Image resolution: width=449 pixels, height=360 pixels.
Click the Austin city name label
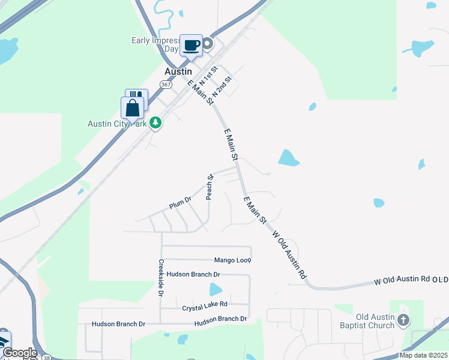point(178,71)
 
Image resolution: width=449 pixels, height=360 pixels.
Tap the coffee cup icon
point(191,46)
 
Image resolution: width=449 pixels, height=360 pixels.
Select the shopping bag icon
point(132,109)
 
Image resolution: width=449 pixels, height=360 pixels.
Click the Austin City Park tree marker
point(155,123)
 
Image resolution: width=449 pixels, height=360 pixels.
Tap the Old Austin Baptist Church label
point(375,321)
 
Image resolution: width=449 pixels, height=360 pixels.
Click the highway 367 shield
point(165,85)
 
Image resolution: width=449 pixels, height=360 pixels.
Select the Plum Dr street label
point(179,204)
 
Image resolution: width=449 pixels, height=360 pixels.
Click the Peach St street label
point(209,187)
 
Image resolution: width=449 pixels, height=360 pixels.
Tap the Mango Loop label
point(233,260)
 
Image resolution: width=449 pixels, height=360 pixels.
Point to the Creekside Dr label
point(161,277)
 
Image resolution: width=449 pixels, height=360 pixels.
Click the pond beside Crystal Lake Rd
point(216,290)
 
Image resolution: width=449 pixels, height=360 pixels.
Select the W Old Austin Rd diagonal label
point(289,254)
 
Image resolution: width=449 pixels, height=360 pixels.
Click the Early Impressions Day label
point(155,44)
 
